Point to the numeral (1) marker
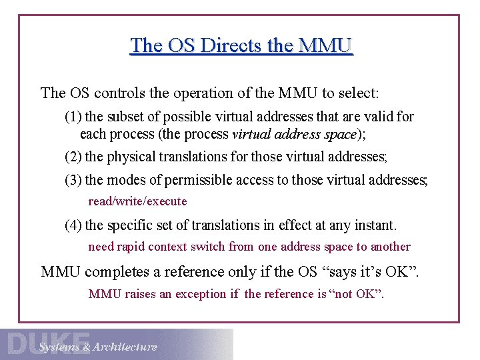tap(73, 117)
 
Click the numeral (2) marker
tap(73, 157)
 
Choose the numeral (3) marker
tap(73, 180)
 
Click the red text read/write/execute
tap(137, 201)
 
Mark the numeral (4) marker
tap(73, 225)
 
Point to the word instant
tap(377, 225)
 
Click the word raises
tap(140, 294)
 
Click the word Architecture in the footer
tap(125, 347)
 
